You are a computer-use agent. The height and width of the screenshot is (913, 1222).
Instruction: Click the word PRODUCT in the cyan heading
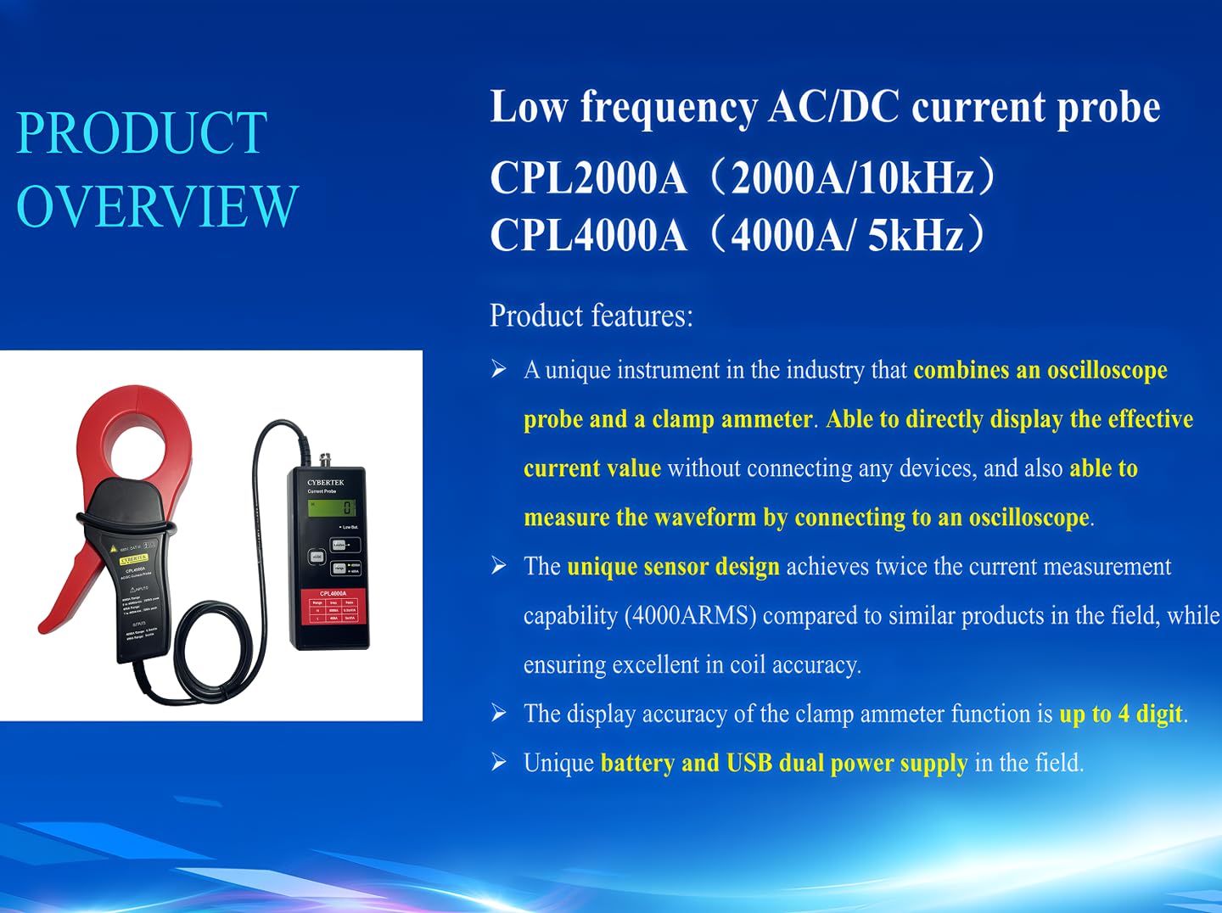point(142,133)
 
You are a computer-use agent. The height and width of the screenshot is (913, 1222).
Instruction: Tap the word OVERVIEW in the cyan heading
point(158,206)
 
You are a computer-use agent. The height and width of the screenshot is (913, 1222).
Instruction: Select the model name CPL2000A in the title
point(588,179)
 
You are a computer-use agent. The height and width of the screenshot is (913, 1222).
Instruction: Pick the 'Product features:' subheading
point(591,316)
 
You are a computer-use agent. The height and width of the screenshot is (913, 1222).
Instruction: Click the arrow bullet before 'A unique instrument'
point(499,369)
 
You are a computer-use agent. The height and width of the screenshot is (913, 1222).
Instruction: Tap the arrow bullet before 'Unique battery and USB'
point(499,762)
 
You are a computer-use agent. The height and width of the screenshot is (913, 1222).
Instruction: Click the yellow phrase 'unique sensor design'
point(673,567)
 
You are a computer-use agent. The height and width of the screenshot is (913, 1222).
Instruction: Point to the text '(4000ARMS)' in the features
point(690,615)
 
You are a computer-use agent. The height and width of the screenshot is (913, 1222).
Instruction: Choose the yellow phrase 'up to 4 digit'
point(1120,714)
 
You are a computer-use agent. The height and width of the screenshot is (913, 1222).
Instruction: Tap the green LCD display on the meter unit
point(332,507)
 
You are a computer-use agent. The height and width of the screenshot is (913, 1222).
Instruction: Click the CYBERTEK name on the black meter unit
point(326,482)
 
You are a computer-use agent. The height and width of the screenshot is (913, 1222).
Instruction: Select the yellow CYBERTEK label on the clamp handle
point(134,559)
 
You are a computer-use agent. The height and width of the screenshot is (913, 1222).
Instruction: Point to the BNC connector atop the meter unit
point(323,461)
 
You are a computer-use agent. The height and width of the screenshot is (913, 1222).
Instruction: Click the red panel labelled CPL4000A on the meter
point(333,607)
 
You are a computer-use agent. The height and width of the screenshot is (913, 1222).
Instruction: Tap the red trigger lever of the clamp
point(68,585)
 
